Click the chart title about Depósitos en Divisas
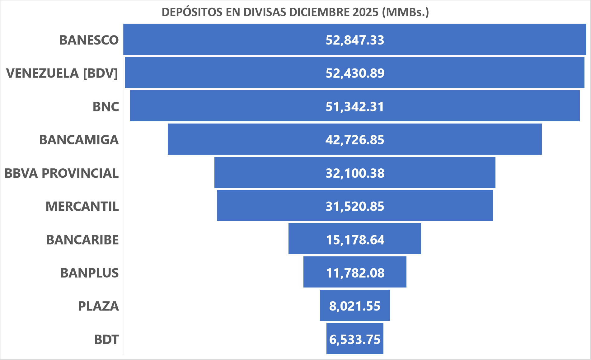pos(295,12)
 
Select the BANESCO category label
pos(89,40)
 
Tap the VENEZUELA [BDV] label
pos(62,73)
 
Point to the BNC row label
pos(106,107)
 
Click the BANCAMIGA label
pos(79,140)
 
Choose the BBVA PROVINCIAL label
pos(62,173)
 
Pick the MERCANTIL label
pos(82,207)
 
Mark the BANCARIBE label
pos(82,240)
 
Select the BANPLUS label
pos(90,273)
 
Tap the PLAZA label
pos(98,306)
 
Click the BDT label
pos(106,339)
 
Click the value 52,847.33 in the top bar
pos(355,40)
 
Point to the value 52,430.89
pos(355,73)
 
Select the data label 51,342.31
pos(355,107)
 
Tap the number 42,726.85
pos(355,140)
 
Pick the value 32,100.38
pos(355,173)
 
